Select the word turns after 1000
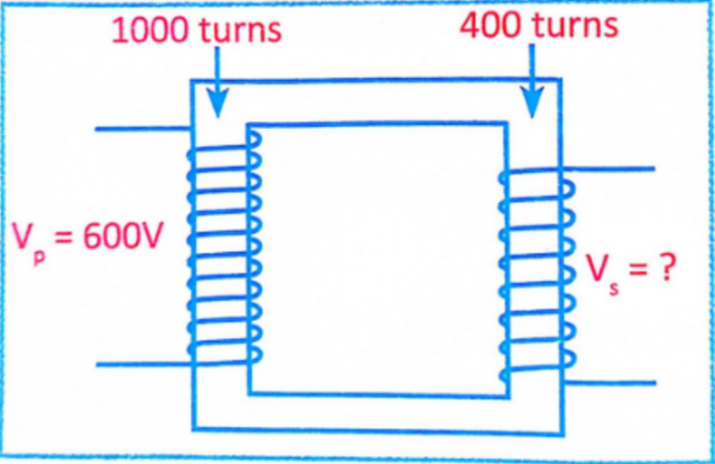coord(240,31)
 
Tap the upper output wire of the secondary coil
coord(611,168)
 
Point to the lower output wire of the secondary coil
coord(611,383)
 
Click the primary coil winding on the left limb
coord(223,246)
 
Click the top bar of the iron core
coord(374,101)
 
